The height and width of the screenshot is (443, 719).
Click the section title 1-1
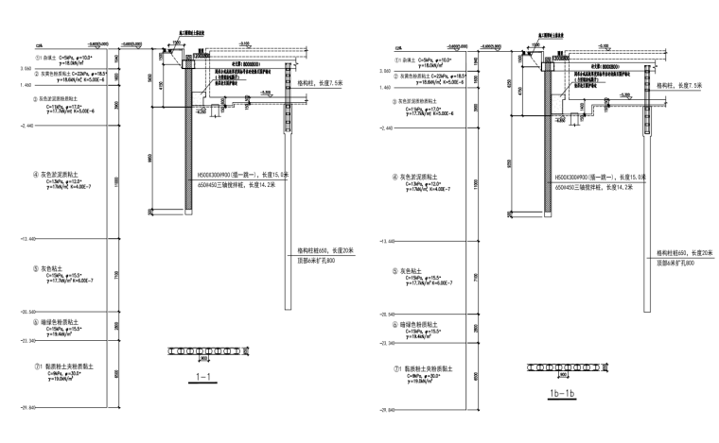coord(202,377)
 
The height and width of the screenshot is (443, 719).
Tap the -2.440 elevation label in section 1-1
coord(25,125)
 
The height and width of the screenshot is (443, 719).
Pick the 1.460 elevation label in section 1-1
coord(22,86)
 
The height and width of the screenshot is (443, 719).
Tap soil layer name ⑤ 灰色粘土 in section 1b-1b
coord(415,273)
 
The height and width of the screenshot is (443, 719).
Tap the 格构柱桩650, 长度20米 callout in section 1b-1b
coord(686,253)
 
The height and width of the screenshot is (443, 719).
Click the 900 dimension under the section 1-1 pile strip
coord(203,360)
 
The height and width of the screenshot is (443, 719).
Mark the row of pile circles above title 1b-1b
coord(552,364)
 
